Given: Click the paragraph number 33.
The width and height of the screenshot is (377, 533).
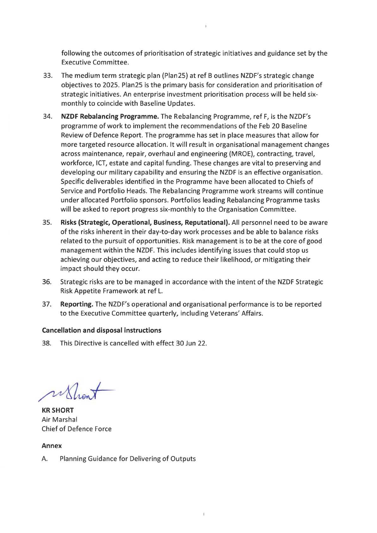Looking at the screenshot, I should click(47, 76).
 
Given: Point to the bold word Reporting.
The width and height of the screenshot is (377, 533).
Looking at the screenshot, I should click(77, 304).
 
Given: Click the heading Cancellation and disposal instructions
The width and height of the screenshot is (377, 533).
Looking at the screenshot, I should click(102, 331).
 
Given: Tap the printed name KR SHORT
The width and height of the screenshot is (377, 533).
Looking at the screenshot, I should click(58, 411).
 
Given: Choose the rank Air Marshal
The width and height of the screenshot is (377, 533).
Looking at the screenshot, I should click(59, 420).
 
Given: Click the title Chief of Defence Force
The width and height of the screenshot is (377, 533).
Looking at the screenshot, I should click(77, 429).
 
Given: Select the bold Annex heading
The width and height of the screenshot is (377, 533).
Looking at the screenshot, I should click(52, 446).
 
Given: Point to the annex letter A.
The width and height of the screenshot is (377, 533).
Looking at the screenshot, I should click(45, 459).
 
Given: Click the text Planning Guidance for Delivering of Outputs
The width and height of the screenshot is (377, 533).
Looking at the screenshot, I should click(128, 459).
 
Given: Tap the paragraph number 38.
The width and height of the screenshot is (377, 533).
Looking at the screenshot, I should click(46, 344).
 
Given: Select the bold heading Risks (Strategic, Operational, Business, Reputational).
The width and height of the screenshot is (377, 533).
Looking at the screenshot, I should click(145, 223).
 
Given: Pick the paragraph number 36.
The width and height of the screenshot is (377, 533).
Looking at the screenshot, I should click(46, 282).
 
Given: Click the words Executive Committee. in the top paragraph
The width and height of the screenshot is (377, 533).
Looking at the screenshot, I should click(95, 63).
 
